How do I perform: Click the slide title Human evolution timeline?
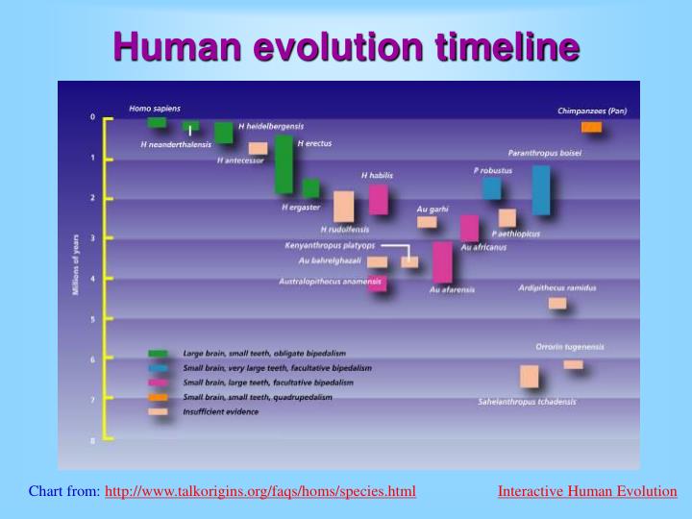pyautogui.click(x=346, y=45)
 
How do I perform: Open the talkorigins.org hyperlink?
pyautogui.click(x=259, y=491)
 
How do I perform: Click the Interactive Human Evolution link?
pyautogui.click(x=586, y=491)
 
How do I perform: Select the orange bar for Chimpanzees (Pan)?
pyautogui.click(x=591, y=127)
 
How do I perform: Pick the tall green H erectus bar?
pyautogui.click(x=284, y=163)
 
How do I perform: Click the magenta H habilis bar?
pyautogui.click(x=379, y=199)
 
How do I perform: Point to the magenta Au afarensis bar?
pyautogui.click(x=442, y=261)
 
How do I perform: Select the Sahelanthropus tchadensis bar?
pyautogui.click(x=529, y=376)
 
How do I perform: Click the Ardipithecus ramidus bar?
pyautogui.click(x=557, y=303)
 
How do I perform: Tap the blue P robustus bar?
pyautogui.click(x=491, y=187)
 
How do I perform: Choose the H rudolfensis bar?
pyautogui.click(x=343, y=206)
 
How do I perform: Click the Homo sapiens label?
pyautogui.click(x=155, y=108)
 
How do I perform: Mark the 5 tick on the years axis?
pyautogui.click(x=92, y=318)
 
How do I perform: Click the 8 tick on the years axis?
pyautogui.click(x=92, y=440)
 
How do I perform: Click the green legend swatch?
pyautogui.click(x=158, y=354)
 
